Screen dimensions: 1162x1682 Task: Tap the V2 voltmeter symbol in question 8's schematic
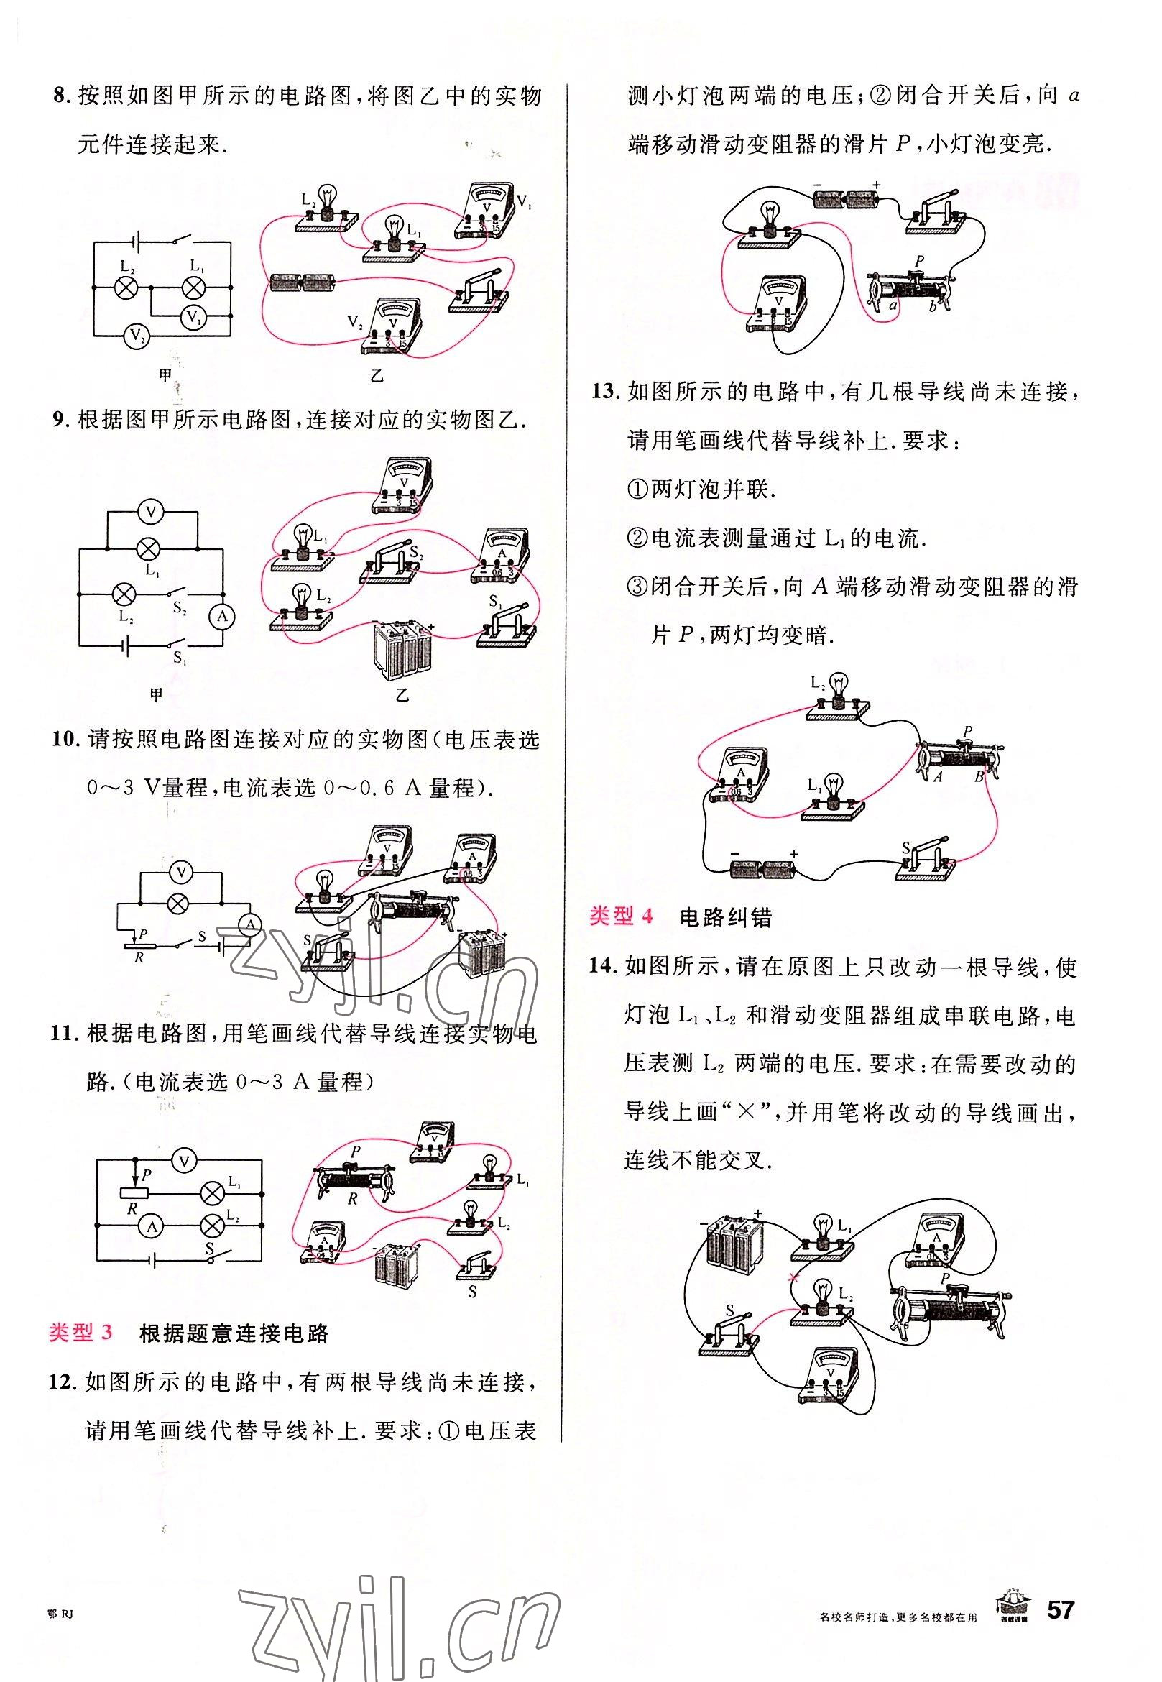pyautogui.click(x=135, y=336)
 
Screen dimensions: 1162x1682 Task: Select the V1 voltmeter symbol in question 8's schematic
pyautogui.click(x=192, y=316)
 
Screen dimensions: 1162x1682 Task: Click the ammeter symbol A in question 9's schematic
pyautogui.click(x=223, y=617)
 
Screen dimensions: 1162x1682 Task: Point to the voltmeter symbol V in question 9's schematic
pyautogui.click(x=151, y=512)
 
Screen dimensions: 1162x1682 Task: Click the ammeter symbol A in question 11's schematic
pyautogui.click(x=152, y=1227)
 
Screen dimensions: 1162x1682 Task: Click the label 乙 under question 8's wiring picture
pyautogui.click(x=377, y=376)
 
